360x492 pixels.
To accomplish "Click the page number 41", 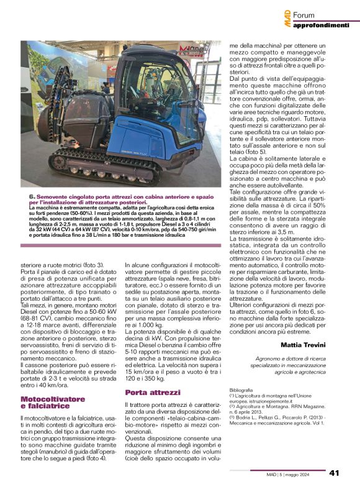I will (x=334, y=473).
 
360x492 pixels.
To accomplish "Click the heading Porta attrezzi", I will (x=153, y=393).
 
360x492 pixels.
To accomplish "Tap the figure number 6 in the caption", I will (x=32, y=196).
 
